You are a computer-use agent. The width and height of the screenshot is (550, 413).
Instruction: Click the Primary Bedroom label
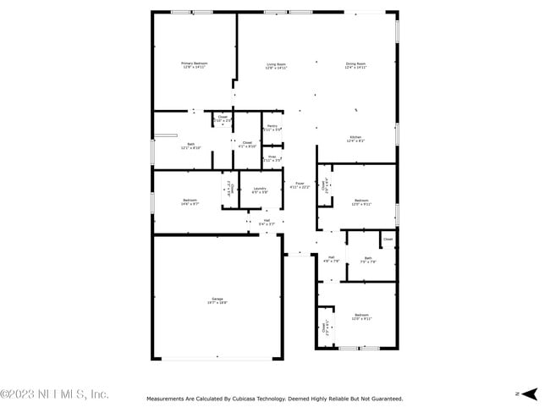[194, 63]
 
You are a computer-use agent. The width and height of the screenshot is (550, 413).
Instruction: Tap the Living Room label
[276, 63]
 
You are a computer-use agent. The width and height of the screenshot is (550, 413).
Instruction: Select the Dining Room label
[355, 63]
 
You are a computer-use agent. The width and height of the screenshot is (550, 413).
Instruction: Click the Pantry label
[272, 125]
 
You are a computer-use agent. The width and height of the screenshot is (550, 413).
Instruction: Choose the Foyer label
[300, 183]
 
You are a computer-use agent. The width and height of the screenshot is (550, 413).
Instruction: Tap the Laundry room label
[260, 188]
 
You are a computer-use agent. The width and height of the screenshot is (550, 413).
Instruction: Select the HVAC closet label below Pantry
[272, 156]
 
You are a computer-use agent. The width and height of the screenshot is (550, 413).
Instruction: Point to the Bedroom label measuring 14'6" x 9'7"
[190, 200]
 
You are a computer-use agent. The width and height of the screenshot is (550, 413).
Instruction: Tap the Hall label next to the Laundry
[267, 220]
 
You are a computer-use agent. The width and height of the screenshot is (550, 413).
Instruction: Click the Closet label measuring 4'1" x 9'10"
[247, 142]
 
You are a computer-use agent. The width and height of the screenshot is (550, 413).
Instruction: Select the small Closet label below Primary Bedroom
[223, 117]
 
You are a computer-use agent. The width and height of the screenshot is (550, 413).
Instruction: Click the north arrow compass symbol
[528, 394]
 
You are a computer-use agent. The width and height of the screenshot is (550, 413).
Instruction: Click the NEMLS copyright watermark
[55, 394]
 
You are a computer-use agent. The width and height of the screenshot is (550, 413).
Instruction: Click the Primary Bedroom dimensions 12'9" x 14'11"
[194, 68]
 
